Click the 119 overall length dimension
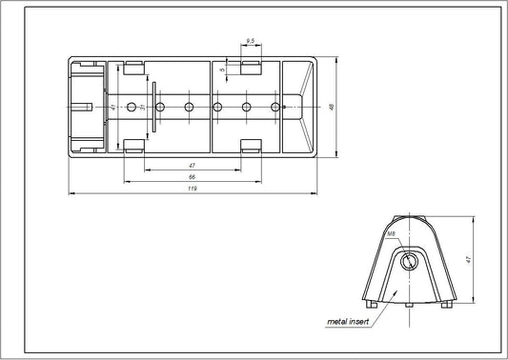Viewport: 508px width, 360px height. click(x=193, y=190)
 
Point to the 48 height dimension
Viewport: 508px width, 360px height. click(x=331, y=107)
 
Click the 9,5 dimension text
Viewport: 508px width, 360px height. click(x=249, y=41)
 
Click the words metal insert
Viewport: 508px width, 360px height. click(x=349, y=323)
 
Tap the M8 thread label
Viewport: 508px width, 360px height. click(x=392, y=233)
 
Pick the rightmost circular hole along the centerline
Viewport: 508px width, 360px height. click(x=275, y=105)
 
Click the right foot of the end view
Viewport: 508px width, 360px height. click(x=445, y=305)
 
